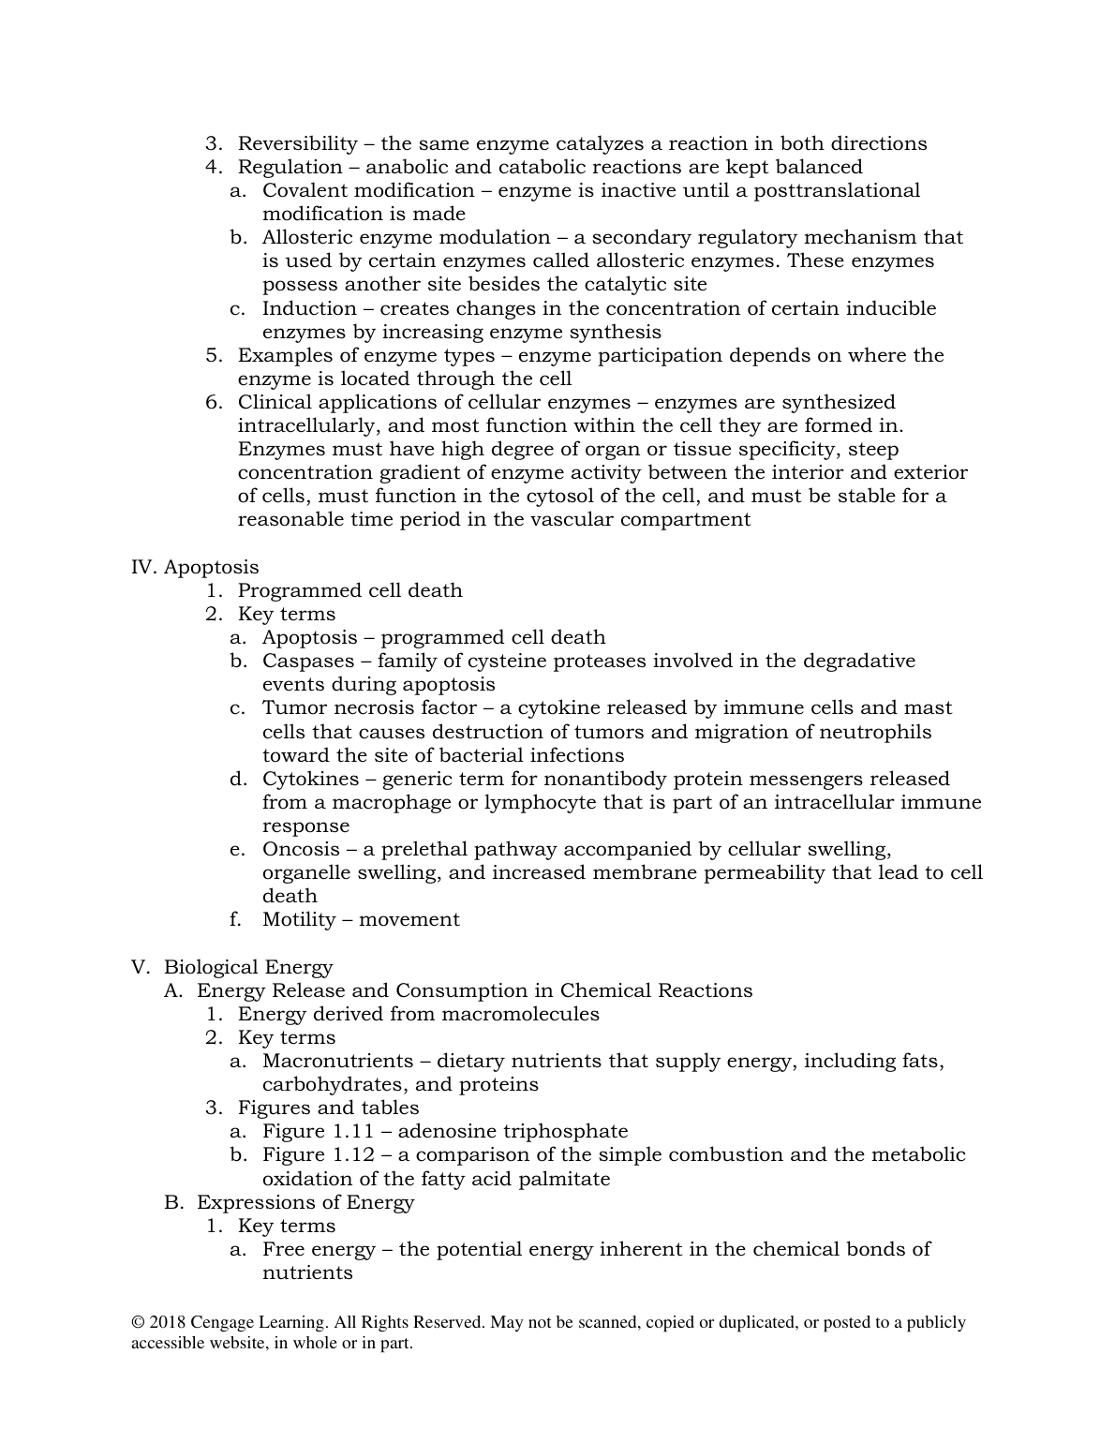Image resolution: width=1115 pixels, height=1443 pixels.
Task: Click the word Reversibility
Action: click(297, 143)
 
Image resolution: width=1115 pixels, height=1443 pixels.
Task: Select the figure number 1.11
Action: click(353, 1131)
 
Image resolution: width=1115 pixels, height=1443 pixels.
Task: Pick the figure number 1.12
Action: click(353, 1154)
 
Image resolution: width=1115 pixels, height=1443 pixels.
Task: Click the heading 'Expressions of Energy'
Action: click(305, 1202)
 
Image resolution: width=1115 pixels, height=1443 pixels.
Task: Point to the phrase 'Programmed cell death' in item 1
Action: click(349, 590)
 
